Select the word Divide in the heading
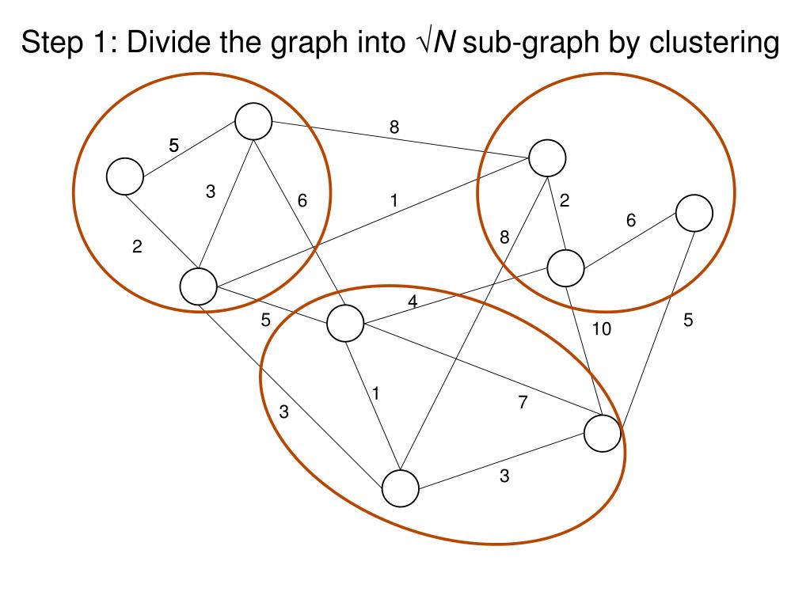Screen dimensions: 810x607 (x=167, y=43)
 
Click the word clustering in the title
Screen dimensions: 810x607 (x=714, y=43)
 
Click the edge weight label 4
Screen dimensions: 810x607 (x=413, y=302)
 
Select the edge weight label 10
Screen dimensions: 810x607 (x=602, y=329)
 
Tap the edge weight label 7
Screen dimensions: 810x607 (x=523, y=403)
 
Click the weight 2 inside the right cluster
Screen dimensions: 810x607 (x=565, y=201)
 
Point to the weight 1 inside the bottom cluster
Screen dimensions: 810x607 (x=376, y=393)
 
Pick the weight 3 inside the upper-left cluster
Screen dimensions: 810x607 (x=211, y=191)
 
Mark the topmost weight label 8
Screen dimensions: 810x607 (x=394, y=127)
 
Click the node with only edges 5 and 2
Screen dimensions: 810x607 (x=125, y=176)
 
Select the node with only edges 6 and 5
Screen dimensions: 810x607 (x=694, y=211)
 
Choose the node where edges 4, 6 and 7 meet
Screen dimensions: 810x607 (x=344, y=323)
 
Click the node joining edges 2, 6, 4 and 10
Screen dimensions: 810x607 (x=566, y=267)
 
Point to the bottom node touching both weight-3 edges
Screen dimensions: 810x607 (x=401, y=488)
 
